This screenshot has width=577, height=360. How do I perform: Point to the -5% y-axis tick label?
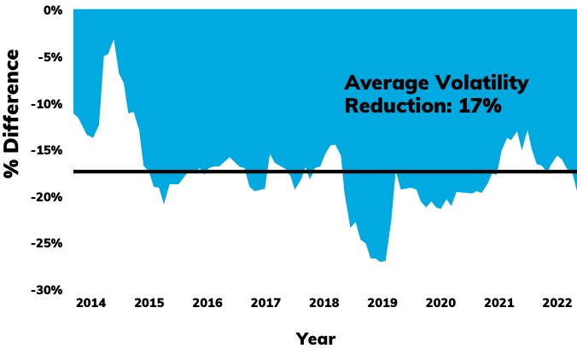coord(50,58)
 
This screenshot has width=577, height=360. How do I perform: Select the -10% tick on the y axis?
coord(47,104)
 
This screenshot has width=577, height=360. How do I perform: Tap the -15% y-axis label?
coord(47,151)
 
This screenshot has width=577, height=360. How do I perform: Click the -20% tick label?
coord(47,197)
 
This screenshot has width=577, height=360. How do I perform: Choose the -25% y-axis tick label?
coord(47,243)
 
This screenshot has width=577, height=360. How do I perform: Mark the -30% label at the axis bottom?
coord(47,290)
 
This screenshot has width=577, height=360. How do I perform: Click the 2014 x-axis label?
coord(90,303)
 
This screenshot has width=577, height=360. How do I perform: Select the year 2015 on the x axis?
coord(149,303)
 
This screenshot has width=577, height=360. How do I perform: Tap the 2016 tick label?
coord(207,303)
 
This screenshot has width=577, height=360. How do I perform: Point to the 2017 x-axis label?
coord(265,303)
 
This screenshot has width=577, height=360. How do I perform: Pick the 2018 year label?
coord(323,303)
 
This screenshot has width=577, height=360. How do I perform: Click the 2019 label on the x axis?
coord(382,303)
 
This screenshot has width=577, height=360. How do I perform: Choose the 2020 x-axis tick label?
coord(440,303)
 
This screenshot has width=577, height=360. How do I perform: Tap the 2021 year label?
coord(498,303)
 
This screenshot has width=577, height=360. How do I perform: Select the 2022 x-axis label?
coord(557,303)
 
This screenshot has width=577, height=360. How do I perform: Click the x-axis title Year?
coord(316,339)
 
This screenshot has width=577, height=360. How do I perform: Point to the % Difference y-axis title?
coord(12,113)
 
